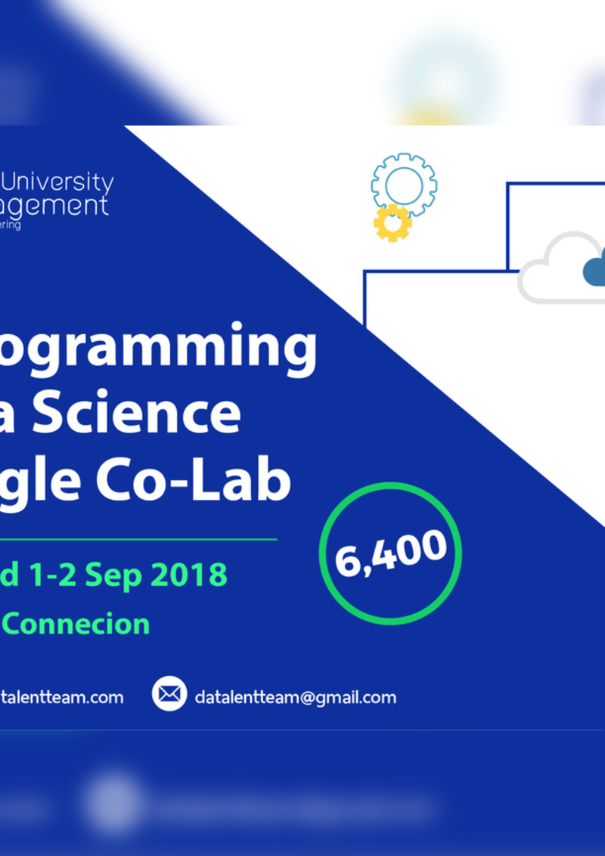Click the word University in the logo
pos(58,183)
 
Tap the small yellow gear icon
pos(392,222)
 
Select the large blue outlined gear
pos(404,184)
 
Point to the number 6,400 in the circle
pos(390,554)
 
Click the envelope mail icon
pos(169,693)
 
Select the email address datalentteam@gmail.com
pos(295,697)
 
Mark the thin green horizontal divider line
pos(136,539)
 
